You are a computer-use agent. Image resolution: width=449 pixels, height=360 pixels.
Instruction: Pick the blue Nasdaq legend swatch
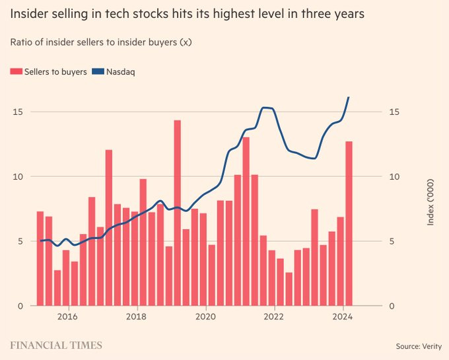tap(97, 72)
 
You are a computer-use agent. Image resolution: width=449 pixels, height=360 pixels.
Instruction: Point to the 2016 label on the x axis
tap(67, 316)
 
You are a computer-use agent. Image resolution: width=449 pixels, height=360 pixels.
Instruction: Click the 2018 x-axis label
tap(137, 316)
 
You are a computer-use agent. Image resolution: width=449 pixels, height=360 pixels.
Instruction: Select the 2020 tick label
tap(206, 316)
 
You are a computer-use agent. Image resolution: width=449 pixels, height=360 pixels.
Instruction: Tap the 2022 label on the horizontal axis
tap(274, 316)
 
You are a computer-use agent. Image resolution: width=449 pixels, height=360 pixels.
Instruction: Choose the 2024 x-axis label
tap(342, 316)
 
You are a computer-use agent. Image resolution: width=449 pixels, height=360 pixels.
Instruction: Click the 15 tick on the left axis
tap(18, 112)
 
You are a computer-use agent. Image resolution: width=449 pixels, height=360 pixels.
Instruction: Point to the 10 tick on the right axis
tap(394, 176)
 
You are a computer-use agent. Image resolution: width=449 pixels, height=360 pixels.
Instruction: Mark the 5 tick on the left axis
tap(20, 241)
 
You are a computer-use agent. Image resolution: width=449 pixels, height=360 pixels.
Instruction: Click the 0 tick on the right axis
tap(392, 306)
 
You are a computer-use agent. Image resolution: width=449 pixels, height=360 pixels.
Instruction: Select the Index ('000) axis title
tap(431, 201)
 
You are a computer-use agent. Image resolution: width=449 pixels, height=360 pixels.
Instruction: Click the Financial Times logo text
tap(56, 345)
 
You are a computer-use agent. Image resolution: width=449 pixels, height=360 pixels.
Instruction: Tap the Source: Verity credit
tap(417, 346)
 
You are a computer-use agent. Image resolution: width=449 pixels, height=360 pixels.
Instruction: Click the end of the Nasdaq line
tap(349, 98)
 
